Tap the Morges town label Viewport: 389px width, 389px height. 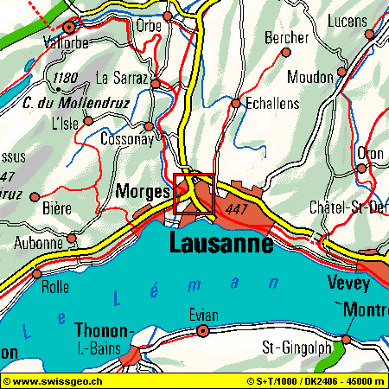(142, 192)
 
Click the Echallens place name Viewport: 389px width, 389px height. (272, 103)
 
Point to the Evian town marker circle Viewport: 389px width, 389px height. (203, 331)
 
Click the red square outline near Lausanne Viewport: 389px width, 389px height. (194, 194)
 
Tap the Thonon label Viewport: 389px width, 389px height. (103, 330)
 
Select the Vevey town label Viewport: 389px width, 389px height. (348, 283)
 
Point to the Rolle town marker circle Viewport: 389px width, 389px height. (36, 274)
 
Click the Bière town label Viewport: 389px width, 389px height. (56, 208)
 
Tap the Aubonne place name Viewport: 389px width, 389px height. (38, 243)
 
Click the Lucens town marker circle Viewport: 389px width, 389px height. (370, 35)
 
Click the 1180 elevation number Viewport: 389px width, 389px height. (65, 79)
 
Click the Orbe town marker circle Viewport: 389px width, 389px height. (168, 16)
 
